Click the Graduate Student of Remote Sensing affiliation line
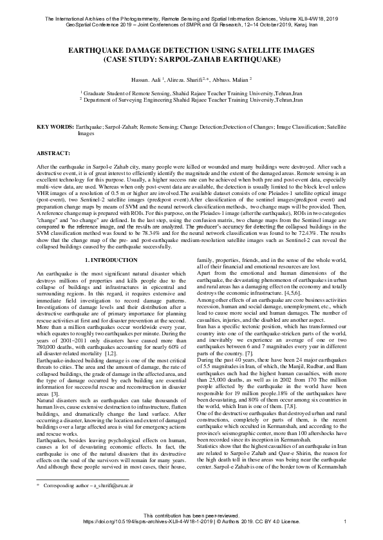(x=191, y=93)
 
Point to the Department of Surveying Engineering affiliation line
(x=191, y=100)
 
